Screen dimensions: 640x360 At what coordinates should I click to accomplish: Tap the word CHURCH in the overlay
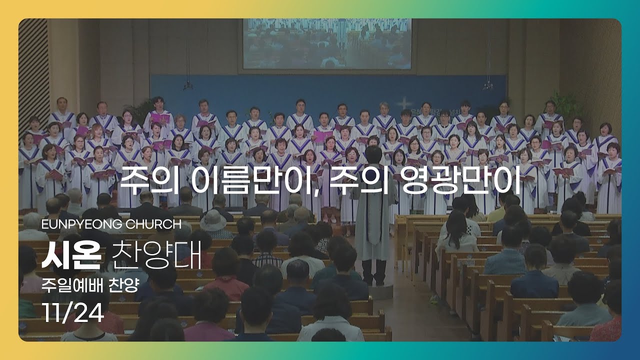click(x=153, y=224)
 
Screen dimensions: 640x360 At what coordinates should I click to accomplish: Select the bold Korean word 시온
click(x=71, y=255)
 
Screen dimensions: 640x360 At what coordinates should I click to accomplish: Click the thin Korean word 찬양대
click(x=156, y=255)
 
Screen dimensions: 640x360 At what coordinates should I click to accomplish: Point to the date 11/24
click(x=73, y=313)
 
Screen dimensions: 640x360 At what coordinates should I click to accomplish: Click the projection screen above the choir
click(x=327, y=44)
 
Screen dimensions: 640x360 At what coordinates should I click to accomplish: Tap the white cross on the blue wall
click(x=404, y=103)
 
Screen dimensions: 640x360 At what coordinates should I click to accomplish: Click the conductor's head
click(x=373, y=155)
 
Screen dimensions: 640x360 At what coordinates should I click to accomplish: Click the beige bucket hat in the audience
click(x=213, y=220)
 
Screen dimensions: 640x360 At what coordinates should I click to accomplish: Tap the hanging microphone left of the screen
click(x=187, y=85)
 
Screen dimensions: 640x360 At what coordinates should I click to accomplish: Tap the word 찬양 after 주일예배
click(x=123, y=285)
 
